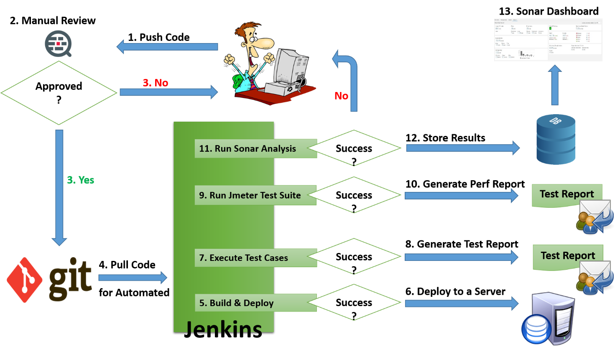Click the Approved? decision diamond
click(59, 93)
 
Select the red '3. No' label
click(156, 83)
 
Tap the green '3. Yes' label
click(81, 180)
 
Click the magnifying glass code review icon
click(58, 43)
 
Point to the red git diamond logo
click(24, 279)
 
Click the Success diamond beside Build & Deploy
click(354, 303)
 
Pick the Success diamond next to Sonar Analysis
click(354, 148)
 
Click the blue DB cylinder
click(556, 139)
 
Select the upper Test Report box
click(567, 194)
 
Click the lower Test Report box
click(567, 256)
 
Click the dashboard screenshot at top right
click(548, 40)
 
